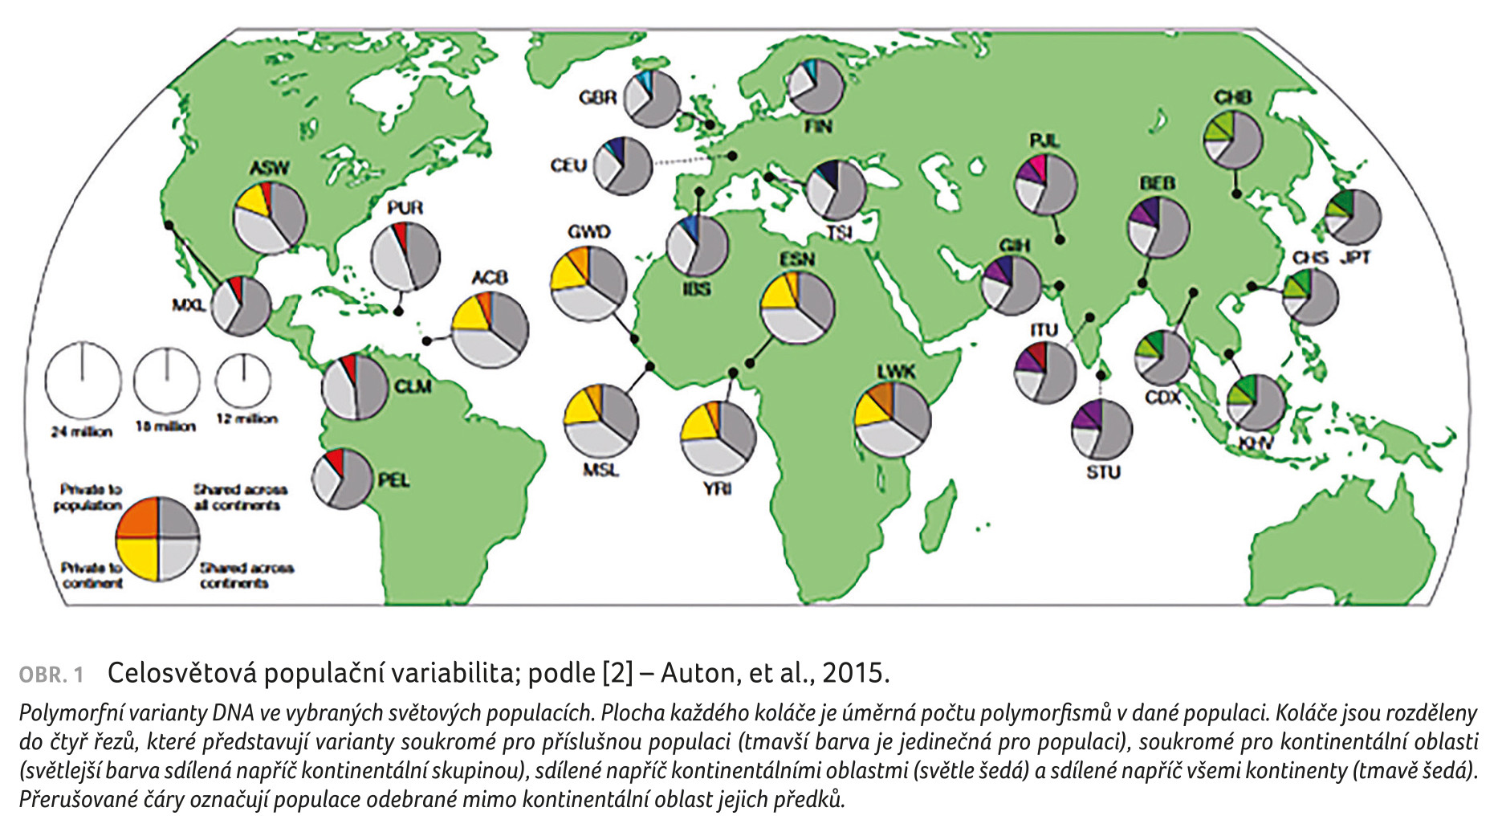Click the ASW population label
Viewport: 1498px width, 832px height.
[270, 169]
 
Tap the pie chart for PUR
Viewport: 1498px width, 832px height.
[405, 256]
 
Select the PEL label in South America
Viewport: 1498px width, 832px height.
[393, 480]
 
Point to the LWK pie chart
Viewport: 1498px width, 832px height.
[893, 419]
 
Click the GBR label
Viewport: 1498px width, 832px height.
[597, 98]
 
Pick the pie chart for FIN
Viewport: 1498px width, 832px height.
[815, 87]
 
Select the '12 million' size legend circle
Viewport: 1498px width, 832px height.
[243, 381]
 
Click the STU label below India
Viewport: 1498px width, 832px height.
[1103, 472]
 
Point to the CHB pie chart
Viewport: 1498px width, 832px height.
[1232, 141]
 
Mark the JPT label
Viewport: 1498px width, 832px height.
[1353, 258]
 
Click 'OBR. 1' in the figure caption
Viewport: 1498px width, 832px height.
[51, 675]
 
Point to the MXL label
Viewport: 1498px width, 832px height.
[189, 305]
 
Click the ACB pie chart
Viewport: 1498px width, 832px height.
[490, 330]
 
